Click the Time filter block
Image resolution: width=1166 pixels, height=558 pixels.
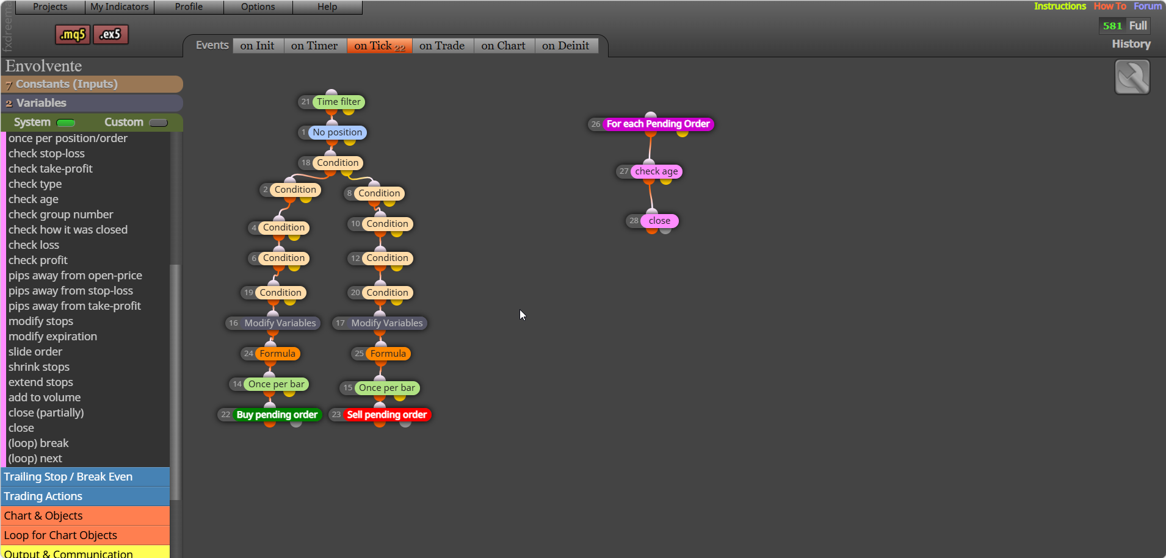338,102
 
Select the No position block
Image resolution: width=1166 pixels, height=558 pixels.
337,132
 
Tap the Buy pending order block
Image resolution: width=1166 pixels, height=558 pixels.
277,415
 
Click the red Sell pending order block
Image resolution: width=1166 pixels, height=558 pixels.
386,415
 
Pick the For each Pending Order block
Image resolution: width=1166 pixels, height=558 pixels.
658,124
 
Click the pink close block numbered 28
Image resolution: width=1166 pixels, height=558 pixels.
659,221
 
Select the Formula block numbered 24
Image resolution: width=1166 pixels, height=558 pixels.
277,354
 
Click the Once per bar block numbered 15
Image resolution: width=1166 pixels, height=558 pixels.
386,388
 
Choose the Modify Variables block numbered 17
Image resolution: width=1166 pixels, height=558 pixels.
386,323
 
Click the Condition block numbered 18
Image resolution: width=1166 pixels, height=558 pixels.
338,163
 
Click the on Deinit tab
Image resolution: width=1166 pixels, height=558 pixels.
565,46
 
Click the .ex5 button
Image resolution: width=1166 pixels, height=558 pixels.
110,34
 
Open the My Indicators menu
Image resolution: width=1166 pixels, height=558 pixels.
120,7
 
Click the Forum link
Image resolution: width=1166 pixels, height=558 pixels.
1148,6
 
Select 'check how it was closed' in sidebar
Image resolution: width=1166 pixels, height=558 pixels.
68,230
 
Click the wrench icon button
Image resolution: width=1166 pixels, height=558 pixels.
1132,77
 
